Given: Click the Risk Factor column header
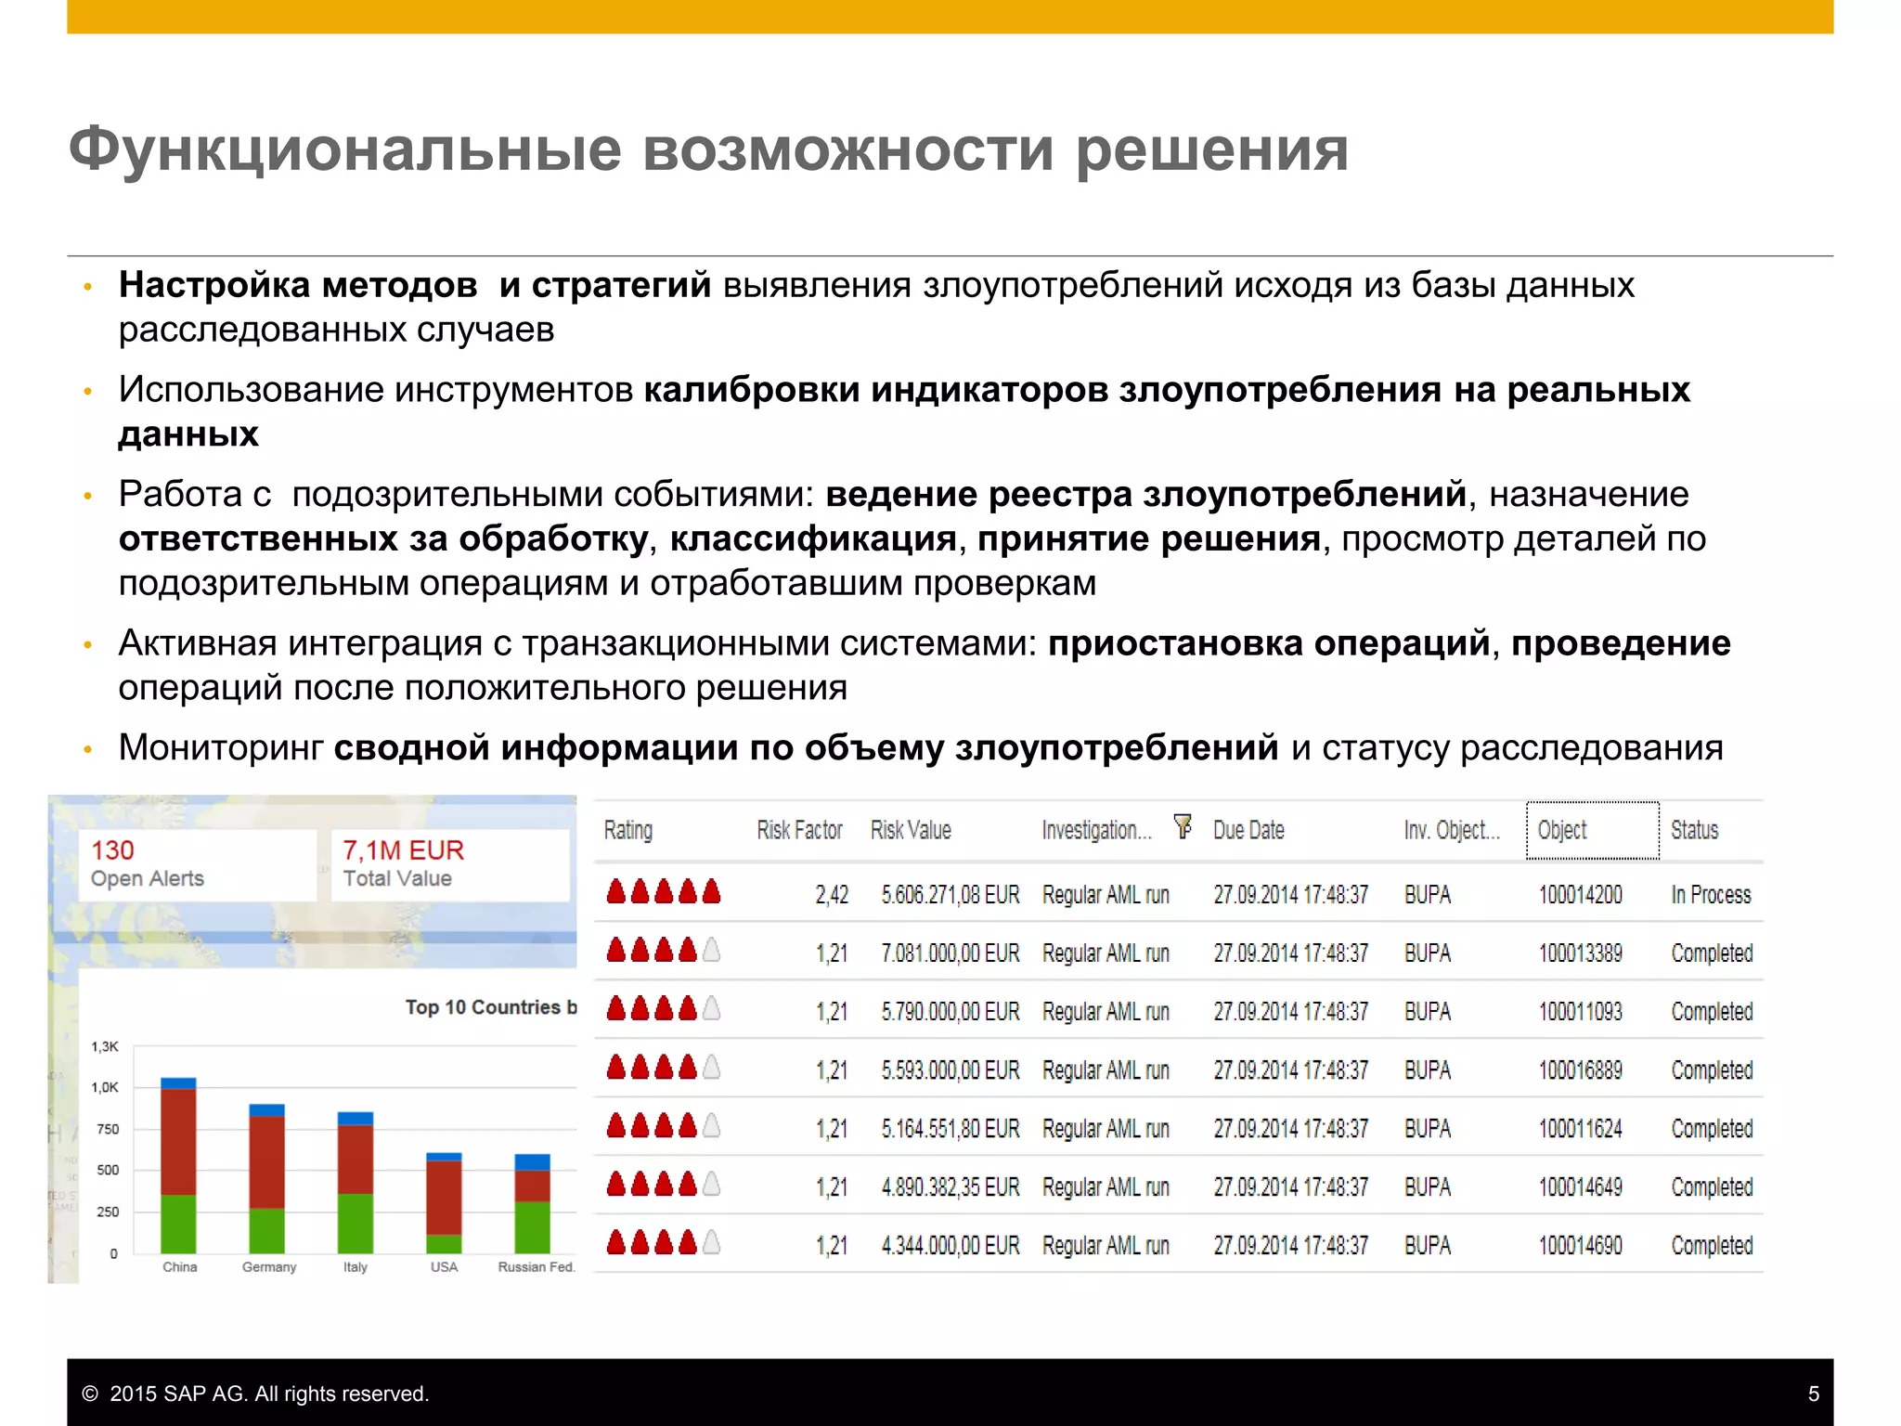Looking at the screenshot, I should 799,830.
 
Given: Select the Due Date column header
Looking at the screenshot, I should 1248,830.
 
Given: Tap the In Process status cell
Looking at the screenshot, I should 1711,895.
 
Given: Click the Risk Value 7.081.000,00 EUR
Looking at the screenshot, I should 950,953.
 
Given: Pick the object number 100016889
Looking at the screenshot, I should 1580,1070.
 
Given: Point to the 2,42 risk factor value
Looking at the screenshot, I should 832,895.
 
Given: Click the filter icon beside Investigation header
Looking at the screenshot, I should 1183,825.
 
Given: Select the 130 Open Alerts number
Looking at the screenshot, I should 112,850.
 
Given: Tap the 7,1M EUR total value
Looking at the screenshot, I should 403,850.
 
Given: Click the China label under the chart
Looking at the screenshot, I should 179,1267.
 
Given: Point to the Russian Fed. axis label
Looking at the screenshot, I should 536,1267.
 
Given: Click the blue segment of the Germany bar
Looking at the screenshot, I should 267,1110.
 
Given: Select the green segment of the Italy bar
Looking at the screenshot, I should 356,1223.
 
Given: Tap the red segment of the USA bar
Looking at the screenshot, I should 444,1198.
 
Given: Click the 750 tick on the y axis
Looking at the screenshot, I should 108,1129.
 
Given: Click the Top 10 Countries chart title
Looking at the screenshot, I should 490,1007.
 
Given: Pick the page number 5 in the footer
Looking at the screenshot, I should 1813,1394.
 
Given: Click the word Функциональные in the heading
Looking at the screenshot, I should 344,149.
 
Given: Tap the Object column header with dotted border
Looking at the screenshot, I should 1592,830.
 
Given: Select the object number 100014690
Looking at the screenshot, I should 1580,1246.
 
